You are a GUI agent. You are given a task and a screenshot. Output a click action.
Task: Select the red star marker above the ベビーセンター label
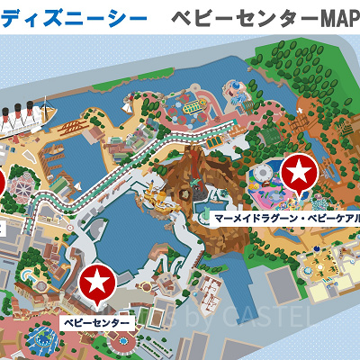pos(97,283)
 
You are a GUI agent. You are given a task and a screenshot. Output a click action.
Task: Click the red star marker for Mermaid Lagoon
pos(300,170)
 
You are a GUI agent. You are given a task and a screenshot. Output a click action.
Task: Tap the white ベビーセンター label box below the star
pos(97,321)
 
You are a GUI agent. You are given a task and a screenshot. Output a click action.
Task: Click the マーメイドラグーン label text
pos(247,218)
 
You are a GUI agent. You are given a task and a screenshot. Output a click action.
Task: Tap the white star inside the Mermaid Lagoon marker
pos(300,170)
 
